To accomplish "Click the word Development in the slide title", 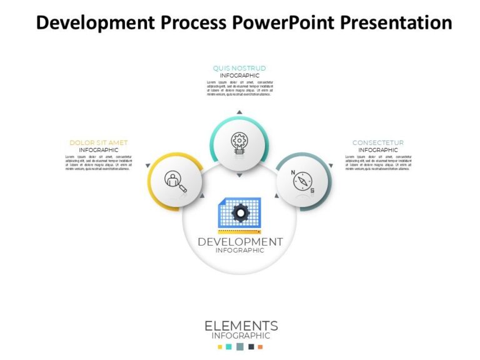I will [x=92, y=23].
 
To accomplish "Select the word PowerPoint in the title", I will [x=284, y=23].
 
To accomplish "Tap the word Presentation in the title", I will [x=396, y=23].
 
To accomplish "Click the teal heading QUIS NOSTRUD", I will [x=239, y=68].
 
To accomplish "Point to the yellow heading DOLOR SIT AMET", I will [x=99, y=143].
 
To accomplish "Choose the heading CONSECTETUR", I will [x=378, y=143].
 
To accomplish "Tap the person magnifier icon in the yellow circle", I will [x=175, y=181].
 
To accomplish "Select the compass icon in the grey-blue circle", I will [x=303, y=181].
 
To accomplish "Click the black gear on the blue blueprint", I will [x=240, y=213].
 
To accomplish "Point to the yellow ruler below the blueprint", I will [x=240, y=232].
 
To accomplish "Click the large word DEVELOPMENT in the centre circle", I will [x=240, y=242].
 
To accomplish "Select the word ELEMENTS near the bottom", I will [x=241, y=326].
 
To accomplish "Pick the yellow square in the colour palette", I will [x=219, y=347].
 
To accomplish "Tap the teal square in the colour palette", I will [x=229, y=347].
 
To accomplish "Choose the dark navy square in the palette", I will [x=251, y=347].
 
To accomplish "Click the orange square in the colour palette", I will [x=260, y=347].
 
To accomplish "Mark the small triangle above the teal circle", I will [x=239, y=112].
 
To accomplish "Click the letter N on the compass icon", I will [x=294, y=173].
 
